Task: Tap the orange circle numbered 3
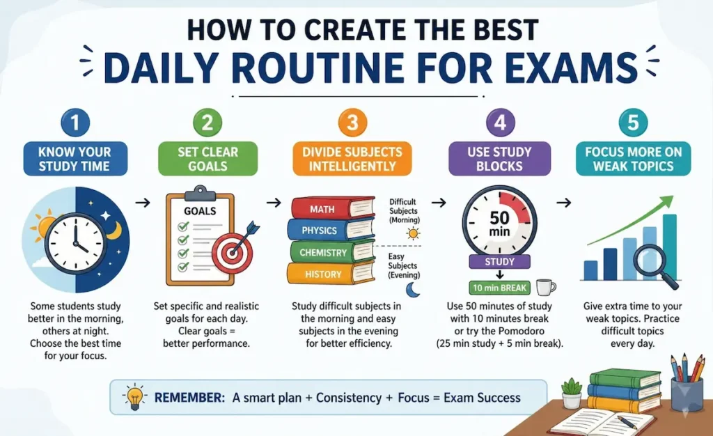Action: click(352, 124)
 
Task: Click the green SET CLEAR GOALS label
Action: click(207, 159)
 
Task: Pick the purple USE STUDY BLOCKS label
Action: click(500, 159)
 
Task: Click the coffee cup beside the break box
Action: click(545, 287)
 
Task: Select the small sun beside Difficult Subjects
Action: click(414, 233)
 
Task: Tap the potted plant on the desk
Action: click(571, 394)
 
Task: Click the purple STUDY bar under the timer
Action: click(499, 262)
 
